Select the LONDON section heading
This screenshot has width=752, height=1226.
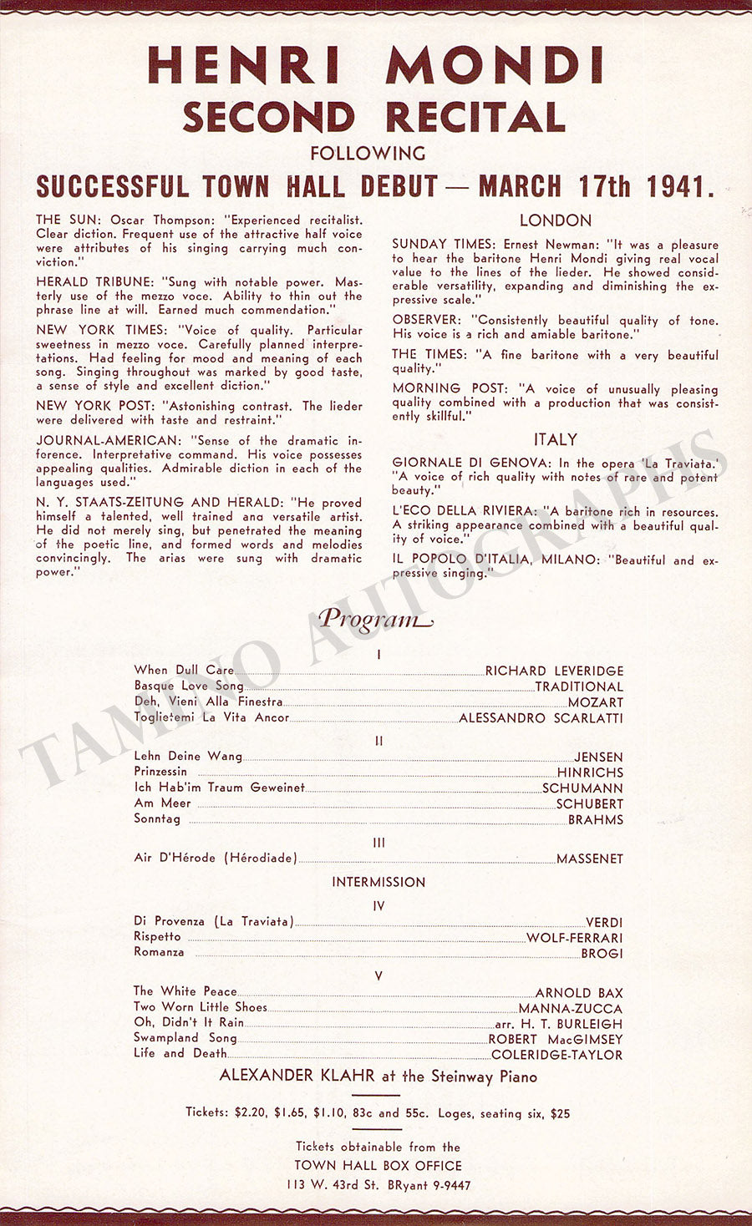tap(555, 220)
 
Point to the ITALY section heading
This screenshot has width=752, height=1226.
tap(556, 439)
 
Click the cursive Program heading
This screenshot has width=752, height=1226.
tap(375, 619)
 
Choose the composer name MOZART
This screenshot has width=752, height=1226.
tap(595, 702)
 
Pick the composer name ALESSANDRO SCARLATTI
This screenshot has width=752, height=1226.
tap(541, 718)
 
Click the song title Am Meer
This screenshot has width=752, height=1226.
tap(162, 803)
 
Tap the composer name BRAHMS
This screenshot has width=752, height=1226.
tap(595, 820)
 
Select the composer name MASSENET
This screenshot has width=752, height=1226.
tap(589, 859)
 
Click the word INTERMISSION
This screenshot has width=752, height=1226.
tap(379, 882)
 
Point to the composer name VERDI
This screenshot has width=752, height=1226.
tap(603, 923)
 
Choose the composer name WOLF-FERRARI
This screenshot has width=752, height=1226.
tap(574, 938)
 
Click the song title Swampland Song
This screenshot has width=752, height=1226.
tap(185, 1038)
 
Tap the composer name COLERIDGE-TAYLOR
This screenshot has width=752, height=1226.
tap(556, 1055)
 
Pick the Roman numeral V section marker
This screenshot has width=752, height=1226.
tap(379, 975)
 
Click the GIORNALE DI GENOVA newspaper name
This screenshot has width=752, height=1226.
tap(472, 464)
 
